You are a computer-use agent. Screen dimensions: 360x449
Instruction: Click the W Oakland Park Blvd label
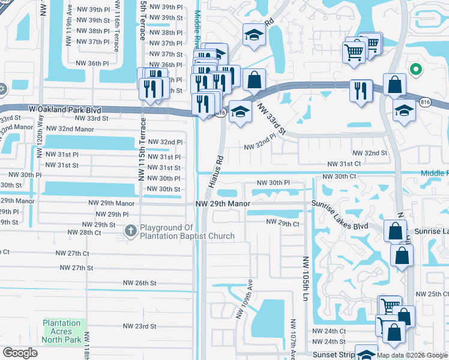(x=50, y=110)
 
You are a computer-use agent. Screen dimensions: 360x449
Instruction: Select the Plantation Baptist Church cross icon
(x=131, y=230)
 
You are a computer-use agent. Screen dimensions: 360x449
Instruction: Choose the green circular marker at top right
(x=414, y=70)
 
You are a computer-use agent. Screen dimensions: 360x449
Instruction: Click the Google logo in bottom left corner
(x=20, y=353)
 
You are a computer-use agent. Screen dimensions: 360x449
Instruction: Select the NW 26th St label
(x=139, y=283)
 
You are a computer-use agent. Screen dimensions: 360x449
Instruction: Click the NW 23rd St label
(x=139, y=326)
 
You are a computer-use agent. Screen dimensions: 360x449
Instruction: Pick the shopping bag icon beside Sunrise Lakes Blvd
(x=396, y=230)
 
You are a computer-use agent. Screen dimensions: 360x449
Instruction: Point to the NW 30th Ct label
(x=340, y=177)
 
